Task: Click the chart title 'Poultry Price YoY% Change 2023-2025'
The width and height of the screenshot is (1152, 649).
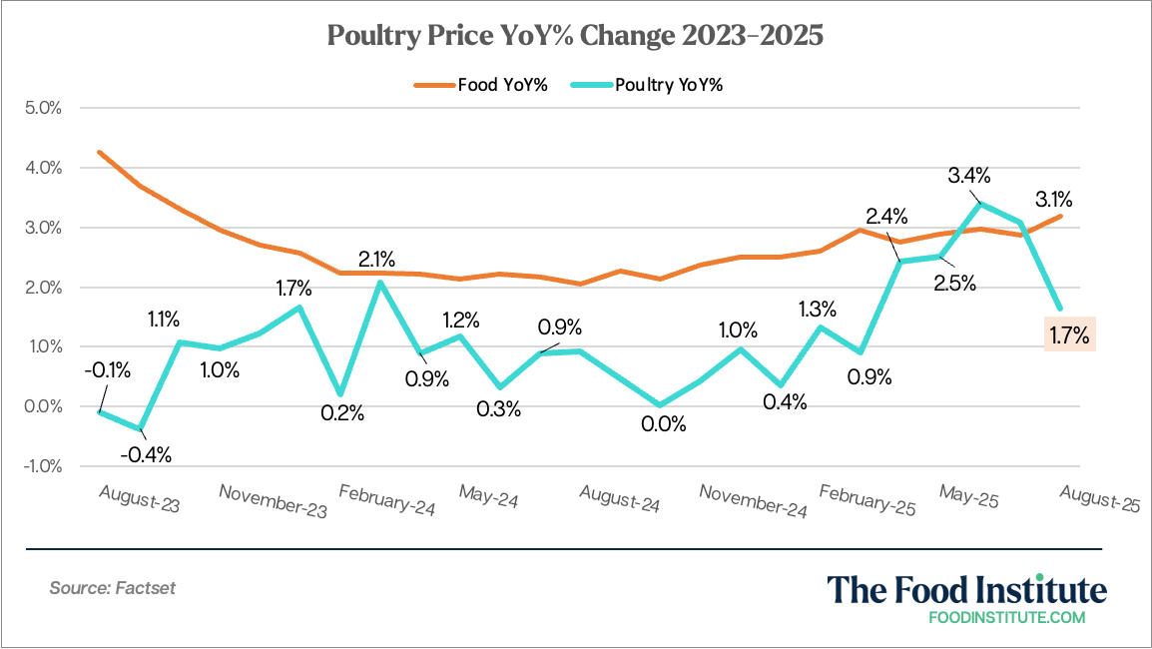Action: coord(576,37)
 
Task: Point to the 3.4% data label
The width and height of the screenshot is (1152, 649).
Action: coord(969,177)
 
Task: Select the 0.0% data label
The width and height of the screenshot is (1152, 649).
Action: coord(663,423)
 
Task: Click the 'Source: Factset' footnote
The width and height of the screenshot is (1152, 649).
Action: coord(112,588)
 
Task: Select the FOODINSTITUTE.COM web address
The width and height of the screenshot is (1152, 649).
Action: coord(1006,617)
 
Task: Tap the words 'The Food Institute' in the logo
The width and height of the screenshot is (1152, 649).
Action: coord(966,589)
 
